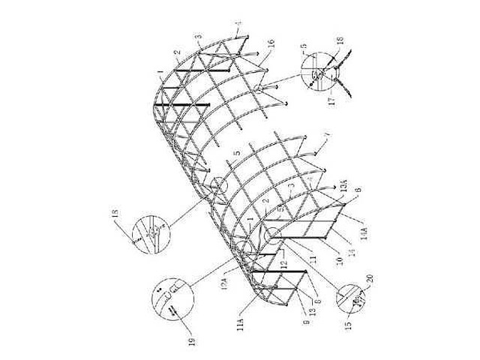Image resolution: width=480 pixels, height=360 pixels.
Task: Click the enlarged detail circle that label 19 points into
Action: pyautogui.click(x=171, y=297)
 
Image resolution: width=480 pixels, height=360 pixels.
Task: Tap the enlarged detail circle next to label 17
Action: pyautogui.click(x=324, y=76)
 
